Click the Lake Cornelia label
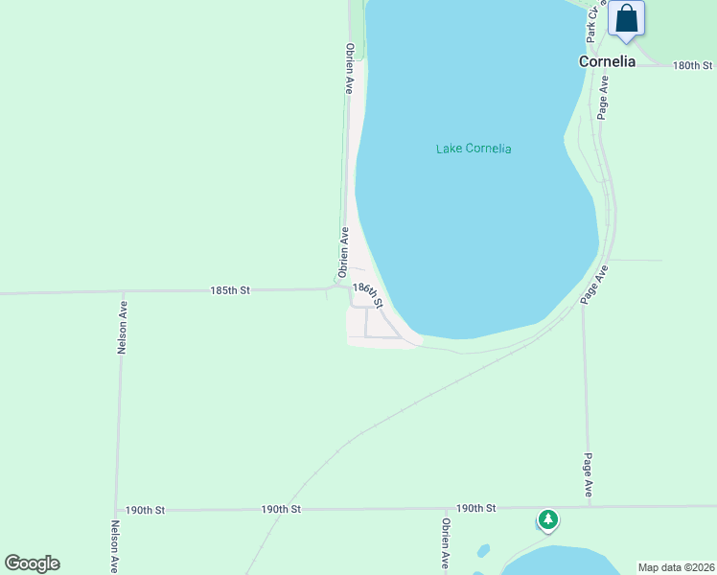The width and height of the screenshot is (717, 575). click(x=474, y=149)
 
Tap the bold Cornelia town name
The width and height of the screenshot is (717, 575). click(x=607, y=61)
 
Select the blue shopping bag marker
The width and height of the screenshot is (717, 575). click(x=626, y=19)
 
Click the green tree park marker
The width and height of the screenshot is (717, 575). click(x=547, y=520)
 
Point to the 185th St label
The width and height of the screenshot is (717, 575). click(x=230, y=289)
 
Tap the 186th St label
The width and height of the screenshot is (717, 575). click(x=368, y=294)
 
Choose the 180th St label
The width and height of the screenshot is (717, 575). click(x=692, y=65)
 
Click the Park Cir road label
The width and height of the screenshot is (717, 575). click(x=594, y=21)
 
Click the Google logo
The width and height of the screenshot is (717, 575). click(x=32, y=563)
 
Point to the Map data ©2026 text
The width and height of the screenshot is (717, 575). click(x=676, y=567)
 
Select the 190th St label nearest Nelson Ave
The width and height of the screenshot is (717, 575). click(x=146, y=510)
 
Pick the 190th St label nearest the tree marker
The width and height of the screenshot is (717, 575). click(x=475, y=508)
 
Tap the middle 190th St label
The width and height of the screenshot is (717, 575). click(x=282, y=509)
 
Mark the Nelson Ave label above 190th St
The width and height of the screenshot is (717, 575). click(x=123, y=329)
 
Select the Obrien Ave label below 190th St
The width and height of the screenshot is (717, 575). click(x=446, y=544)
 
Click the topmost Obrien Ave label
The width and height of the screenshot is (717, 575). click(x=351, y=67)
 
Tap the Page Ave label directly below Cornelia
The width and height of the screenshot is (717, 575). click(x=603, y=97)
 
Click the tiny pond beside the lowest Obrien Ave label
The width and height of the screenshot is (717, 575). click(x=483, y=551)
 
